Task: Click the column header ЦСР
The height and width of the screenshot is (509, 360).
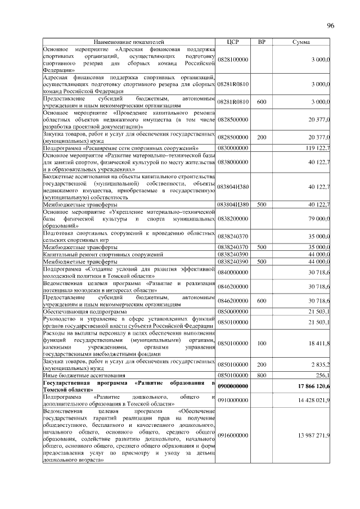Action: [233, 42]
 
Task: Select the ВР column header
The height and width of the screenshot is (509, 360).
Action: [261, 42]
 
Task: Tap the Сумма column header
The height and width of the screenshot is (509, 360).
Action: [302, 42]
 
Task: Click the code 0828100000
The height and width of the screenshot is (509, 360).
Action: [233, 59]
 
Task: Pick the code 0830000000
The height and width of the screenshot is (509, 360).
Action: [233, 148]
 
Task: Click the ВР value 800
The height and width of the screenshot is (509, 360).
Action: [261, 375]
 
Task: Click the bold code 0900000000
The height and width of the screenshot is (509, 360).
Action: [233, 386]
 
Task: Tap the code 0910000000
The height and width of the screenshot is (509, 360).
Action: [233, 400]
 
